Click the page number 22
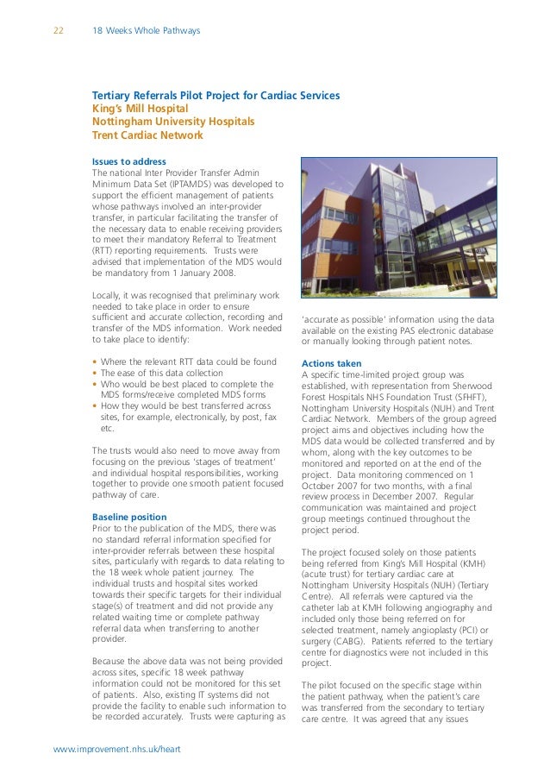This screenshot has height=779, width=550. (x=59, y=31)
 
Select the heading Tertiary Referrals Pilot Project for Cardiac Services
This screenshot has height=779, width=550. (x=216, y=95)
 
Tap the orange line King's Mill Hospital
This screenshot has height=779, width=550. (x=140, y=109)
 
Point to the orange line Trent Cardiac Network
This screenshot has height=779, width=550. (x=147, y=135)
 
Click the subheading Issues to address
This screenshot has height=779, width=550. (x=128, y=161)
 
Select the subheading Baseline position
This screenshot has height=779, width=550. (x=129, y=517)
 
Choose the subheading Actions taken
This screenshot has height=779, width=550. (x=332, y=363)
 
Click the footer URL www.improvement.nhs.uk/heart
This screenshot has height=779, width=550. (x=116, y=750)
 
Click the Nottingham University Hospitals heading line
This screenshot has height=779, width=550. (x=172, y=122)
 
